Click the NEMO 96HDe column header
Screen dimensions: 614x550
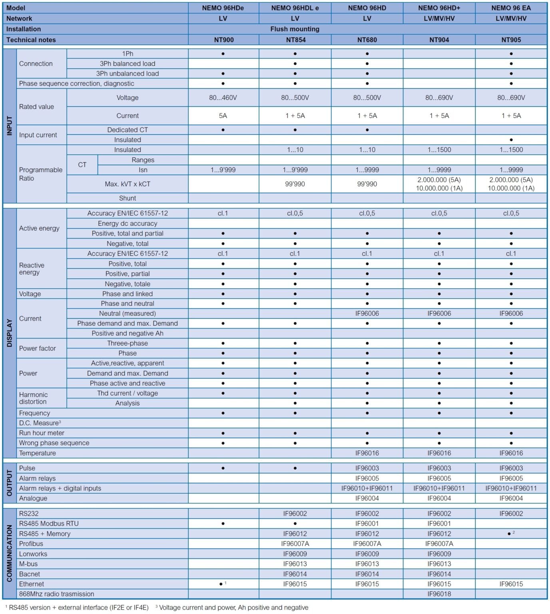point(223,8)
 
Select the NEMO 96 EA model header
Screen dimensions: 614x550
point(511,8)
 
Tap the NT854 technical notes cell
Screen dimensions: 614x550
point(295,40)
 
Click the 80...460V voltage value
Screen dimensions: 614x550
point(223,98)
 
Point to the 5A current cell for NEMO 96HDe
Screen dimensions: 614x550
point(223,116)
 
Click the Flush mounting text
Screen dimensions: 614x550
point(295,29)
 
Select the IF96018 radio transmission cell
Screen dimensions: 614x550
point(439,594)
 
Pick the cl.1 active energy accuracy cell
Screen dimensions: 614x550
point(223,213)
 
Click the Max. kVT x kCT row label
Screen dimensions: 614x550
point(128,184)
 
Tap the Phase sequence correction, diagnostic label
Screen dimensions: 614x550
point(77,84)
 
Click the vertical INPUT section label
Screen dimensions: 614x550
point(10,126)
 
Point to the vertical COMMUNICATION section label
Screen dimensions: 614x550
point(10,554)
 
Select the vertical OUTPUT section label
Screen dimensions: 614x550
point(10,483)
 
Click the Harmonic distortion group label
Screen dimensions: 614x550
point(33,398)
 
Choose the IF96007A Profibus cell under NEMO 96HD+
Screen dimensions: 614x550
point(439,544)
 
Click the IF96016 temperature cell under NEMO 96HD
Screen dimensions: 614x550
point(367,453)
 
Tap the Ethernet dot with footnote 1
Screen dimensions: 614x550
point(221,584)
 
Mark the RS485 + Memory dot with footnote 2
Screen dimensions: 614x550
point(509,534)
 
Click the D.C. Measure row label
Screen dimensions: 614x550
point(39,423)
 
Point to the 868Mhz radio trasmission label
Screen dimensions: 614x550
point(57,594)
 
